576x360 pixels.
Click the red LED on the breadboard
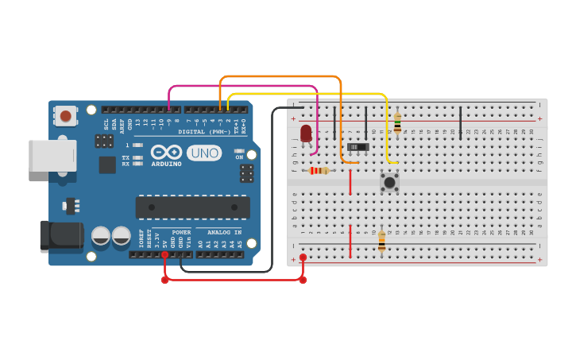306,132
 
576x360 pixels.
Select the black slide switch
358,146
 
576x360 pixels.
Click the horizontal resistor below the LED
319,170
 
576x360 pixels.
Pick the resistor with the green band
397,123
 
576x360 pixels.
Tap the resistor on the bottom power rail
381,241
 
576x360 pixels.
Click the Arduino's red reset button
65,116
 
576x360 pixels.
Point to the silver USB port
52,156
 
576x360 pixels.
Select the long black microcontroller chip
192,207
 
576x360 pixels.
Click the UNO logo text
204,153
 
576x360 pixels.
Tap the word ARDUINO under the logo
166,164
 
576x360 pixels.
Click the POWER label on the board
181,233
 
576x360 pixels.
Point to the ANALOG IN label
224,233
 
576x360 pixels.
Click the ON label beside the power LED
239,157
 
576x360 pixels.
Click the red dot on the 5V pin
164,254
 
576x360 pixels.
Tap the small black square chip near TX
107,165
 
